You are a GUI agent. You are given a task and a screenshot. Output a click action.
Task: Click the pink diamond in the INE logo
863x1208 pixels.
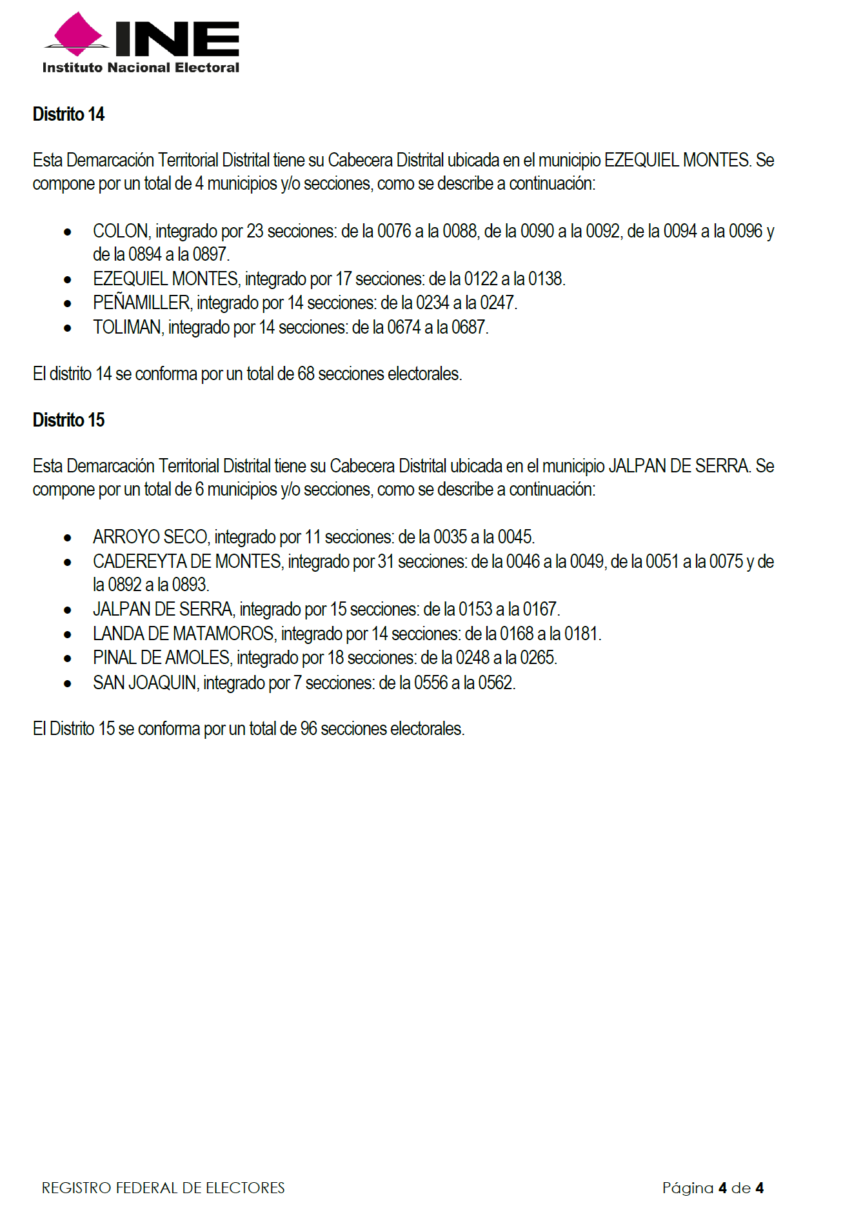(x=78, y=33)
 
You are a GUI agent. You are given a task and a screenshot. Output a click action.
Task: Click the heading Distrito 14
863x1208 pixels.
(x=68, y=114)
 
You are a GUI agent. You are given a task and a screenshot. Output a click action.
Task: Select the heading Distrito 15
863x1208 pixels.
(x=68, y=420)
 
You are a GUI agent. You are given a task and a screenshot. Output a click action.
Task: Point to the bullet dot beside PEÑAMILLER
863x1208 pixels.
(x=68, y=303)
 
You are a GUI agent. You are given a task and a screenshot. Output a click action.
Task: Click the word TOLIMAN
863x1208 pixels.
(x=127, y=328)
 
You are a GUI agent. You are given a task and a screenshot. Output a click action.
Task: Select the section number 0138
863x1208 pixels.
(x=546, y=279)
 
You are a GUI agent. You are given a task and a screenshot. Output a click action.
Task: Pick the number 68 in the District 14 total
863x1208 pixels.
(x=306, y=374)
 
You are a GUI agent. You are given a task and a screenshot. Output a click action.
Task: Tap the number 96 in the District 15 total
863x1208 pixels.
(x=309, y=729)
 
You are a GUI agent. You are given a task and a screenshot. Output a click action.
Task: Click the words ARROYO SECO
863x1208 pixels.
(x=150, y=537)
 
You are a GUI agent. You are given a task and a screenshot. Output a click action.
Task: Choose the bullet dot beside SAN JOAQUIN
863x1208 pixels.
(x=68, y=683)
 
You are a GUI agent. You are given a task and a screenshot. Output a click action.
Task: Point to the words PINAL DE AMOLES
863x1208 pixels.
(x=161, y=658)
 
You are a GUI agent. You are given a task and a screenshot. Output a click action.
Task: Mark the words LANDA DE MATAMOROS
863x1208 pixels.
(x=184, y=634)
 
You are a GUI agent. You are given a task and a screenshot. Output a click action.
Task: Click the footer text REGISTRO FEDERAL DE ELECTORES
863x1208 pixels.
(x=163, y=1188)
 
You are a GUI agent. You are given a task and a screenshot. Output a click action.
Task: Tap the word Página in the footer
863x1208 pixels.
(x=688, y=1188)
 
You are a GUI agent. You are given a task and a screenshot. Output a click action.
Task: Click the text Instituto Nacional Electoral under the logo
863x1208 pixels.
(x=141, y=68)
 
